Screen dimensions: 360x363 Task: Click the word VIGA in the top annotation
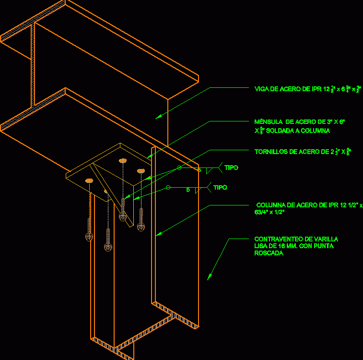click(262, 89)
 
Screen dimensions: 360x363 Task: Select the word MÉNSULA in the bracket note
click(266, 122)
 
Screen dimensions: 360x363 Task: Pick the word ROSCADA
click(269, 253)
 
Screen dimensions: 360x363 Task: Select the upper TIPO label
click(231, 168)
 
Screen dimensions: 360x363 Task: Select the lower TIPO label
click(220, 188)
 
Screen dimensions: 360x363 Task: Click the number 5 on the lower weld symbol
click(188, 190)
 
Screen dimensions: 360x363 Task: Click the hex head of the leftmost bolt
click(88, 237)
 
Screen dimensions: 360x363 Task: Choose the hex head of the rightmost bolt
click(141, 226)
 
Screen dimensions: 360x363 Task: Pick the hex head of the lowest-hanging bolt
click(107, 247)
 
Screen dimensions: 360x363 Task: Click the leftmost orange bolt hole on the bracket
click(89, 180)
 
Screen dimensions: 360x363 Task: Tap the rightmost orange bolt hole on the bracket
click(141, 170)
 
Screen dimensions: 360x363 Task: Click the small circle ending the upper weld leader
click(179, 168)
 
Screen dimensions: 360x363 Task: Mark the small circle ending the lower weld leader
click(168, 187)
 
